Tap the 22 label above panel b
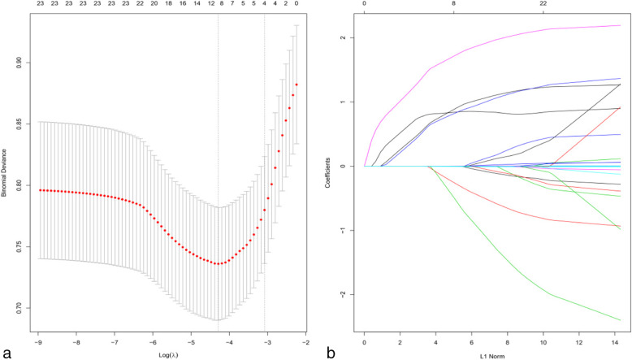tap(543, 4)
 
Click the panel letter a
tap(7, 351)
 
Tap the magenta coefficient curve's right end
tap(620, 26)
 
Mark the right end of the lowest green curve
tap(620, 320)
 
